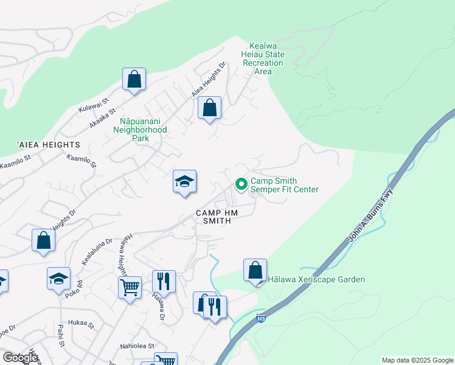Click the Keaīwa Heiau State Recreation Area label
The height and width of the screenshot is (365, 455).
[x=266, y=58]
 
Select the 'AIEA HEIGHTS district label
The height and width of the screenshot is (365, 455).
[x=49, y=145]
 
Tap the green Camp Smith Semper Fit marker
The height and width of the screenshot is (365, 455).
[x=241, y=183]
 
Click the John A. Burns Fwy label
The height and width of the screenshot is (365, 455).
[x=370, y=217]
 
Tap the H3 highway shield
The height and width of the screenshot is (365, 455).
[x=261, y=318]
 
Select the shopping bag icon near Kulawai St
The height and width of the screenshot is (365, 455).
[x=134, y=79]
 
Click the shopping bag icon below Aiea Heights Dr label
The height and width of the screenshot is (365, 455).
[x=209, y=108]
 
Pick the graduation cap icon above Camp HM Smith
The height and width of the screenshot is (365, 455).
[x=184, y=181]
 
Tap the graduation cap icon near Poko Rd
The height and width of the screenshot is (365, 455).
[x=58, y=279]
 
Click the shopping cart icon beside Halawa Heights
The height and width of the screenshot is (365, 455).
[x=130, y=287]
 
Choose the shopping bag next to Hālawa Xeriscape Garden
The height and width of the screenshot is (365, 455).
[x=255, y=270]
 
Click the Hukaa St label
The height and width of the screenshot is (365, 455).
[x=82, y=325]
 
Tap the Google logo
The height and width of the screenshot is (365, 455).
[x=20, y=358]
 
